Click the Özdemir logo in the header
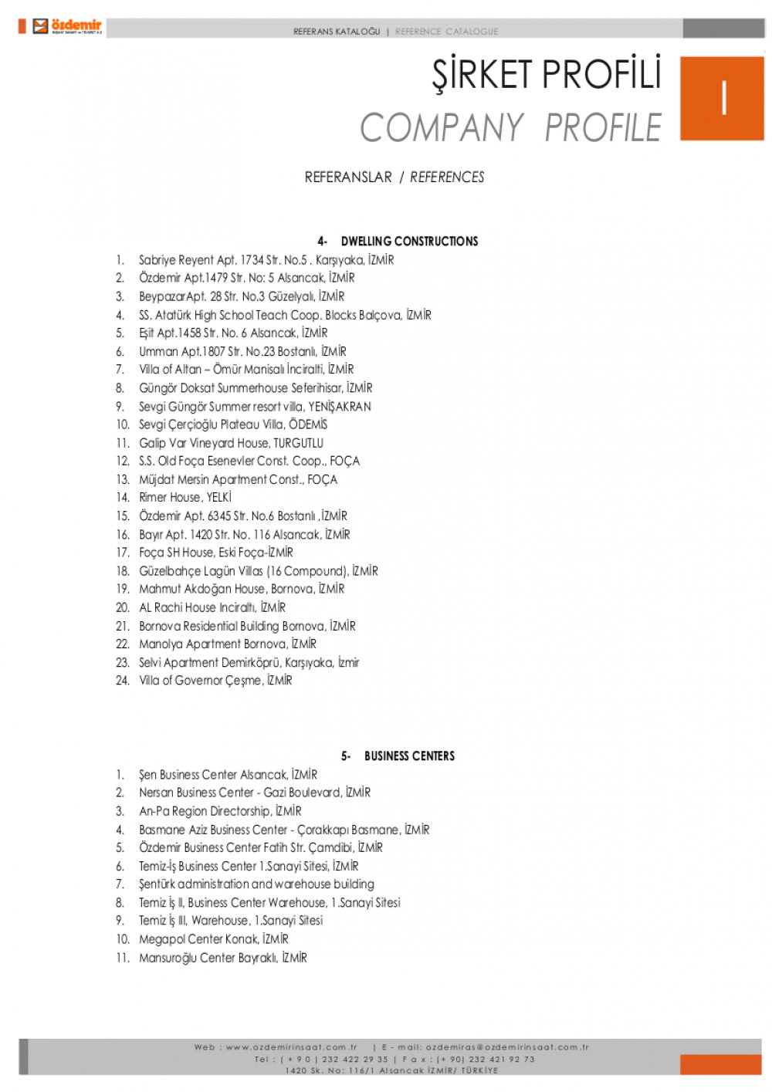point(67,26)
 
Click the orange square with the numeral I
point(722,98)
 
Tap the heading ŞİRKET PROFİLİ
point(547,75)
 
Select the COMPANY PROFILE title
point(510,128)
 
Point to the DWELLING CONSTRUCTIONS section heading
point(409,241)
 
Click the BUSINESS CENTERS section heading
point(409,756)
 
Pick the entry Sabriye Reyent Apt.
point(266,260)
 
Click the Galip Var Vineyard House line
point(231,443)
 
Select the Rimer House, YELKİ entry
point(185,498)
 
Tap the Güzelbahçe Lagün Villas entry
point(258,571)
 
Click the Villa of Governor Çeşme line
point(215,681)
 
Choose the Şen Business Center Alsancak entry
point(228,775)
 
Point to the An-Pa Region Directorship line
point(220,811)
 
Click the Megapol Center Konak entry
point(213,939)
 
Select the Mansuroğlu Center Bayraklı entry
point(222,958)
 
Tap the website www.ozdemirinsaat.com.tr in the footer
point(291,1047)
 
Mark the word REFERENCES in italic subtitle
point(447,177)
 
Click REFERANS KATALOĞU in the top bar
point(337,32)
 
